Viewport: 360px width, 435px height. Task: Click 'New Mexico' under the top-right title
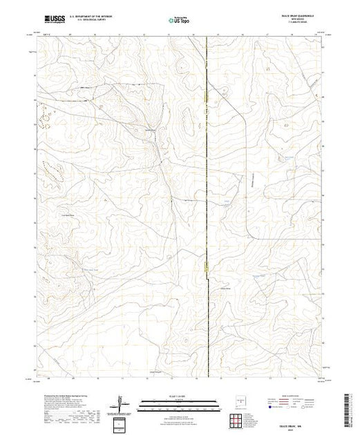pos(295,21)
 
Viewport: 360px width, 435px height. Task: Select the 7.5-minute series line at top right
pos(295,24)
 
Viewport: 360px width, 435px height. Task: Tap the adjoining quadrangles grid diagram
pos(122,423)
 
